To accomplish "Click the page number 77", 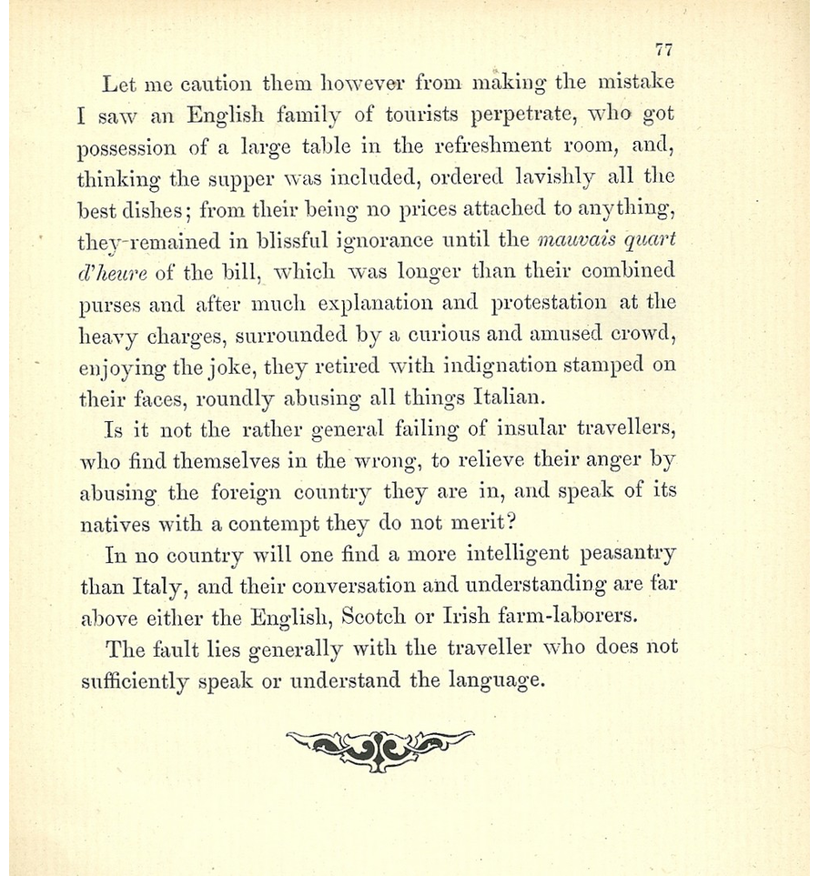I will (662, 51).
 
